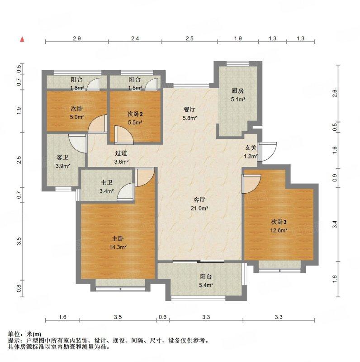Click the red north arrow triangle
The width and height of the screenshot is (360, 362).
(22, 39)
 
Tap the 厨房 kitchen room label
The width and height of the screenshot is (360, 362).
(238, 91)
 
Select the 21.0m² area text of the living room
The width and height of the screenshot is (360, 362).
(199, 208)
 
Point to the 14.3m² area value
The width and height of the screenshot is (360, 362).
(118, 247)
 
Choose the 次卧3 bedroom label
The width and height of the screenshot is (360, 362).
(279, 222)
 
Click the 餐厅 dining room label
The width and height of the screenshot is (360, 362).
(189, 110)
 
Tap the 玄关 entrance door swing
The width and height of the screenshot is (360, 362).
(267, 152)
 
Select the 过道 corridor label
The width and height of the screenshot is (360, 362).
(121, 153)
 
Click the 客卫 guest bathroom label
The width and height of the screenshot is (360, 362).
(62, 157)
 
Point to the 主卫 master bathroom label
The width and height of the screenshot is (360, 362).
(106, 183)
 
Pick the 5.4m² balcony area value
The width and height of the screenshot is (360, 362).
(206, 285)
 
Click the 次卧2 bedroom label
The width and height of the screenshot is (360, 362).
(135, 114)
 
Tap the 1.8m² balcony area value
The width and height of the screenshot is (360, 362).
(77, 88)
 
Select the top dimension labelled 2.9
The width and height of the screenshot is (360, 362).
(77, 38)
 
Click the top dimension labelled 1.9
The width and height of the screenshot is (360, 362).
(238, 38)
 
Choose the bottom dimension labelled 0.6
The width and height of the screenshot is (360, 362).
(163, 317)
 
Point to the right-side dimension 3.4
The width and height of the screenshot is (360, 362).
(335, 224)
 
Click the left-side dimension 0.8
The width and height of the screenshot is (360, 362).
(19, 288)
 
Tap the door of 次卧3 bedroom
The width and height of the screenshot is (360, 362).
(251, 184)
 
